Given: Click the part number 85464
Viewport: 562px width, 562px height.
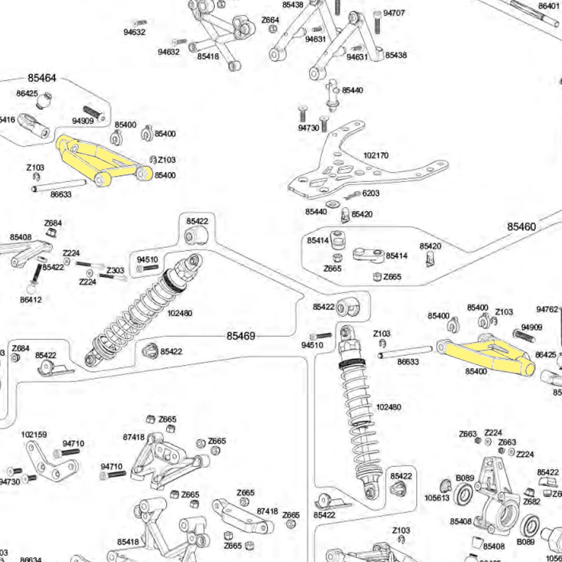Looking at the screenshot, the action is point(42,78).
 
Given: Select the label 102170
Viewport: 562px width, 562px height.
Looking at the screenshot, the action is point(376,155).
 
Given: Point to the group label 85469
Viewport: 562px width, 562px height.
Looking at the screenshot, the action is point(241,336).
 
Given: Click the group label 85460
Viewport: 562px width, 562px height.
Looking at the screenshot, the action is point(521,227).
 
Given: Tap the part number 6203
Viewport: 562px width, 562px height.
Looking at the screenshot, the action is point(371,193).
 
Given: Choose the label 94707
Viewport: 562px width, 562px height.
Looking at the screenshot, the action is point(394,13).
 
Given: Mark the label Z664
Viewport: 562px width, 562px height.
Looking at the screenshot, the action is point(270,20).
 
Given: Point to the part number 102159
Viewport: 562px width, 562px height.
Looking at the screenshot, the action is point(34,435).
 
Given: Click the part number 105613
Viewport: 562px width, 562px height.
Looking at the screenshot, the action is point(436,498).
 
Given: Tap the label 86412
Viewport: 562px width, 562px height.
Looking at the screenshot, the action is point(31,299).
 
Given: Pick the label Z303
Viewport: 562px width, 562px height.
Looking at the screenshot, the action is point(115,270).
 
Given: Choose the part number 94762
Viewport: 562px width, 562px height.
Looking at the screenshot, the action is point(547,309).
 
